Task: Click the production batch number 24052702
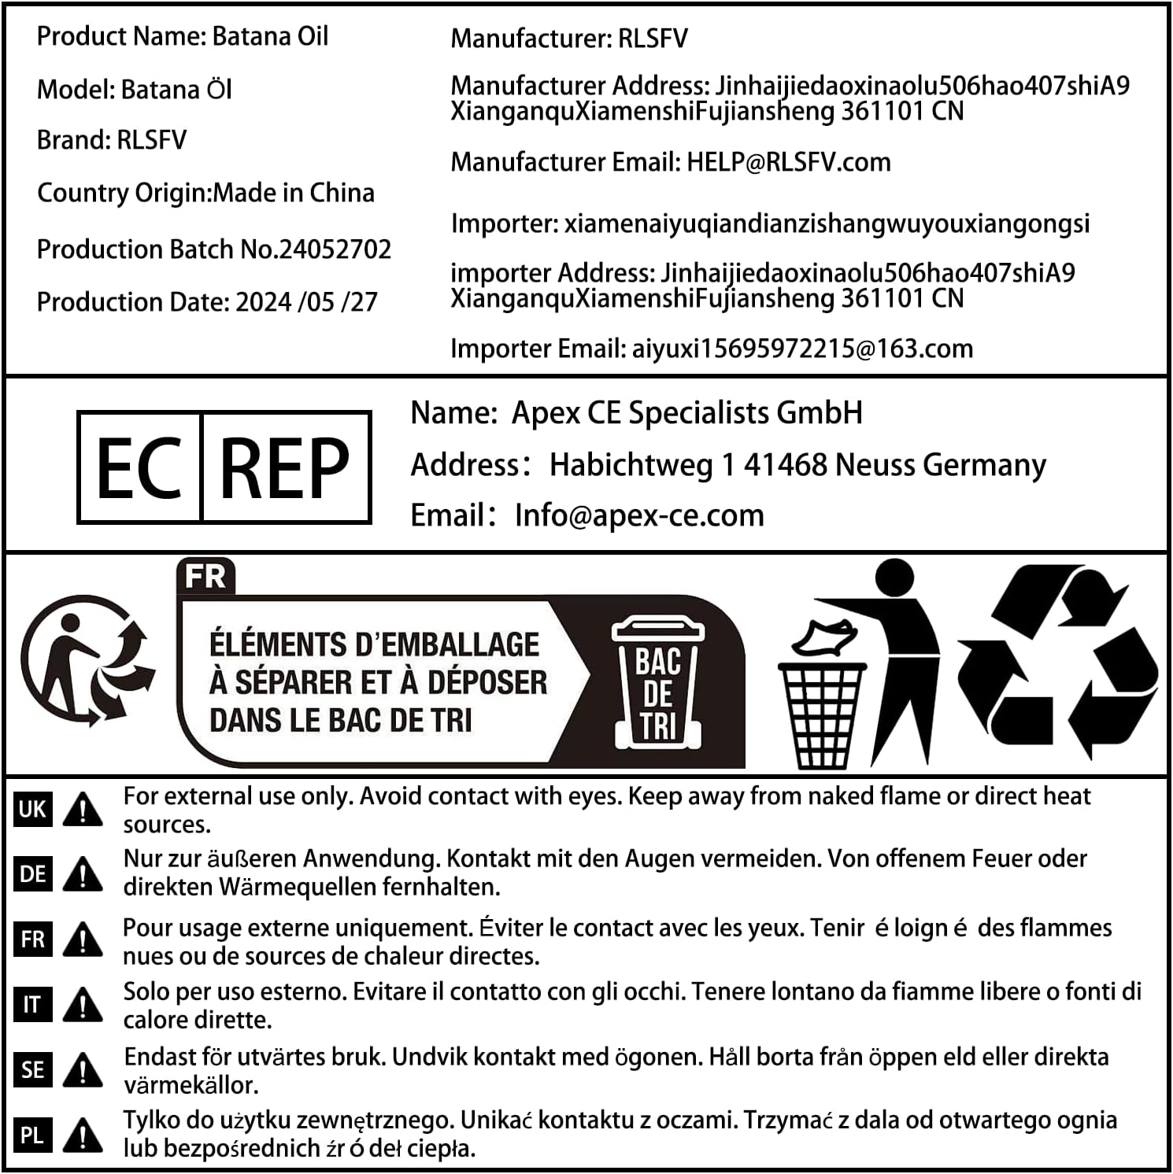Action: (335, 249)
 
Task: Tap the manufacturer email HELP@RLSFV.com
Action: (789, 162)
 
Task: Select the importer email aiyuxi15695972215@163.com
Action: (802, 349)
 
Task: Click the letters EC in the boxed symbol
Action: (139, 468)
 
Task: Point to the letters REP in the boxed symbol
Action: (285, 468)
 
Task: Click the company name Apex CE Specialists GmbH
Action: (686, 413)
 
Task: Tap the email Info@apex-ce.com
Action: (639, 515)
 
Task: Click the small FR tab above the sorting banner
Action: (205, 576)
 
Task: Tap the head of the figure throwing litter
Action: (894, 578)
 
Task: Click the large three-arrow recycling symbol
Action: (1057, 661)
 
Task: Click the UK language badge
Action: (32, 809)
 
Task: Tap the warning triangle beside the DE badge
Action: (83, 874)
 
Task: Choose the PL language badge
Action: (32, 1135)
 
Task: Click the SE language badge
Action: (32, 1070)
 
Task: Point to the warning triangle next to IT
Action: (83, 1005)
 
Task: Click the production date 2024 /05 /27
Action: (306, 302)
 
